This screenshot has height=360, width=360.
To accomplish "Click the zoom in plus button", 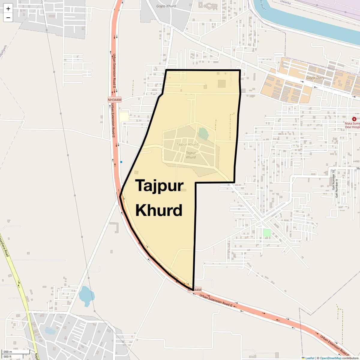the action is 8,9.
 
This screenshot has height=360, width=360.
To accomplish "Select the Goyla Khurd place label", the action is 166,6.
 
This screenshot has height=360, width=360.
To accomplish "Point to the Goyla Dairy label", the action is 315,78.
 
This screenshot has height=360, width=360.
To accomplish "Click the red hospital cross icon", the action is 354,119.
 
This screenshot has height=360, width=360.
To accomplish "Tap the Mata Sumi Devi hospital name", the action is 352,125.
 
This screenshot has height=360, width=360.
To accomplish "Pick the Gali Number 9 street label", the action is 337,188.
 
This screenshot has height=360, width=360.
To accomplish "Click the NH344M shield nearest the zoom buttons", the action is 115,100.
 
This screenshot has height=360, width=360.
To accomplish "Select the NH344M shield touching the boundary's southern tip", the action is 195,290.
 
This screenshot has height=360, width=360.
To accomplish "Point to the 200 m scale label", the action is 8,352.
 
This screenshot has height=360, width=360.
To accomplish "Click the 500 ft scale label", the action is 8,357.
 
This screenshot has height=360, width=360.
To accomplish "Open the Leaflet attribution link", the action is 310,358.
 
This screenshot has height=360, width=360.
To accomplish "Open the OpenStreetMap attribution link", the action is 331,358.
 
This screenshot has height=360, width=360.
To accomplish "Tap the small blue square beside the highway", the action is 121,162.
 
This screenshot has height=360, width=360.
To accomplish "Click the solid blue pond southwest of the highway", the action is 86,295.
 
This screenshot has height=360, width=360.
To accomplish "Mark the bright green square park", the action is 267,232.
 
